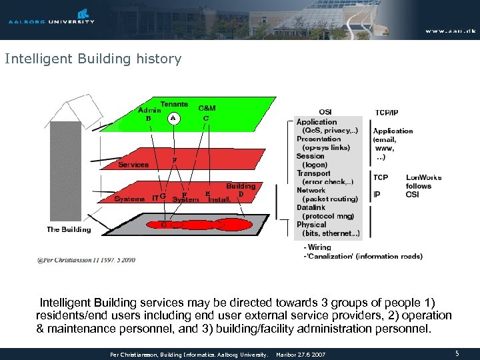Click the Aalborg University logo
point(51,16)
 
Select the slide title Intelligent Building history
point(93,59)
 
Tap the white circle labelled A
point(173,118)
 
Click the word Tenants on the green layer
point(173,105)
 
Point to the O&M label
point(207,108)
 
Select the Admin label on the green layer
point(149,110)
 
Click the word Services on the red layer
point(133,165)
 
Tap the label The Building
point(69,229)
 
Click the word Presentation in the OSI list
point(319,139)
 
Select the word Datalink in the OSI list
point(311,207)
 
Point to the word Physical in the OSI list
point(311,225)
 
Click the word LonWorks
point(424,178)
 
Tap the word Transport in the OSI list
point(313,173)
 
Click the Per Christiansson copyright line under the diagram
point(87,259)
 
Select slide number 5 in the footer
point(457,354)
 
